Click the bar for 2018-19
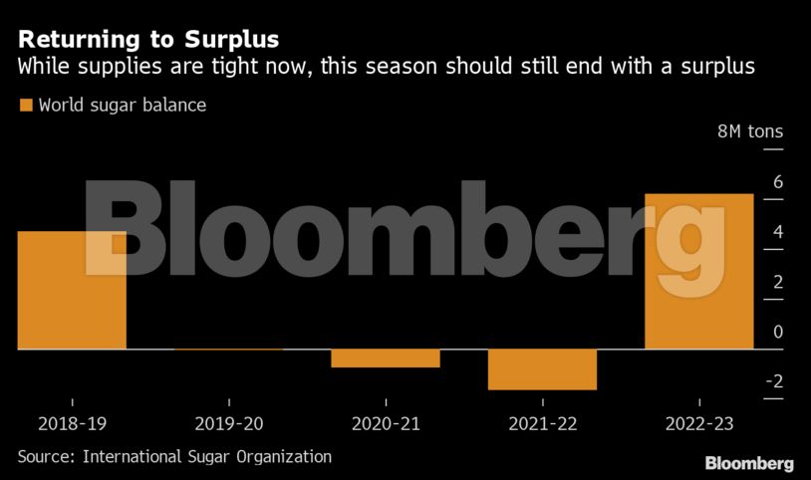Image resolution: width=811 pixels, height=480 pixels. tap(72, 290)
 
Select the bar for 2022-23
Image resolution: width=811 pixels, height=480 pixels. tap(698, 271)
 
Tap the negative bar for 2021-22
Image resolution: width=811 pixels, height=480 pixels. tap(542, 368)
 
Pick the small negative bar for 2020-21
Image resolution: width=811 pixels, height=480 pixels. tap(386, 359)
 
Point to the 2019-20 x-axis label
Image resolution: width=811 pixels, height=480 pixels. tap(229, 424)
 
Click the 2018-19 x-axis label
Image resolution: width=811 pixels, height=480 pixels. tap(72, 424)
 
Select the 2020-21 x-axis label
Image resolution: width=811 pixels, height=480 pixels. tap(386, 424)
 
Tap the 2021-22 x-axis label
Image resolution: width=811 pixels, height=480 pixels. tap(542, 424)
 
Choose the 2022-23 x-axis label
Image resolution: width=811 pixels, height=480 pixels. tap(698, 424)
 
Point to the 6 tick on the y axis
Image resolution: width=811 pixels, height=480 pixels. tap(777, 183)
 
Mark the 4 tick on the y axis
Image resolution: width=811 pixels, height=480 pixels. tap(777, 233)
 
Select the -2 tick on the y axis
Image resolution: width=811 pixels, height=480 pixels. tap(773, 382)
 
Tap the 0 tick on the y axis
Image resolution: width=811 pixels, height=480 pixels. tap(777, 333)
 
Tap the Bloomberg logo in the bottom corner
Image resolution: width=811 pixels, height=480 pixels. tap(748, 463)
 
